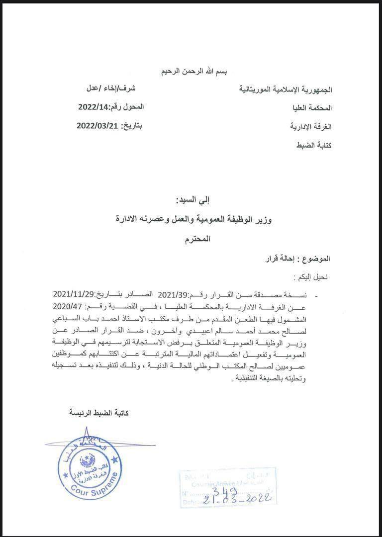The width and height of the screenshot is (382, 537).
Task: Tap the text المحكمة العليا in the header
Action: click(x=311, y=108)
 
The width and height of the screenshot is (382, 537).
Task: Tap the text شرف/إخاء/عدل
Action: click(x=110, y=89)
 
